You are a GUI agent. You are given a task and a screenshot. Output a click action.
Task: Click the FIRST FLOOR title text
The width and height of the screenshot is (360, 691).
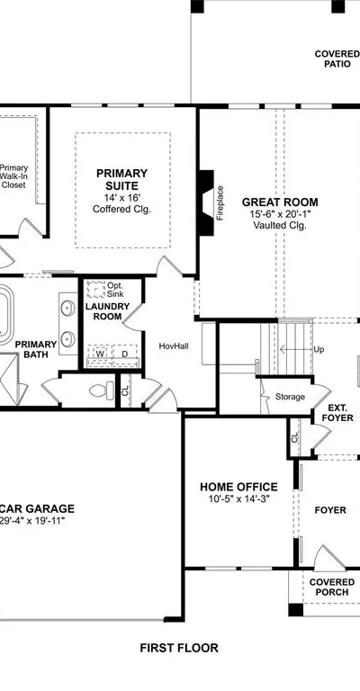(x=179, y=648)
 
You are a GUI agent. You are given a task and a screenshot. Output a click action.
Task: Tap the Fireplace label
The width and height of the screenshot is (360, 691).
(x=220, y=203)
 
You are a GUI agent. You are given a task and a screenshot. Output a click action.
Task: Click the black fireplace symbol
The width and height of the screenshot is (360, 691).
(x=206, y=203)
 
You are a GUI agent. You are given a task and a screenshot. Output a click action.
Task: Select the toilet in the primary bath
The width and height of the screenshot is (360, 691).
(x=102, y=390)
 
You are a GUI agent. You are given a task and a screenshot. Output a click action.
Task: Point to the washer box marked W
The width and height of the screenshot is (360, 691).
(x=100, y=354)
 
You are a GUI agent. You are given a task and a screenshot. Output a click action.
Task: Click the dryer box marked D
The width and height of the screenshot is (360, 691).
(x=125, y=354)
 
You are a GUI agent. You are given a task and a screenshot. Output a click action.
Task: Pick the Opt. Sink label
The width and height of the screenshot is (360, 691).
(x=115, y=290)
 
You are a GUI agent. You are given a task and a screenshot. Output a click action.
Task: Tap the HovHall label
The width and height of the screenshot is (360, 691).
(x=174, y=346)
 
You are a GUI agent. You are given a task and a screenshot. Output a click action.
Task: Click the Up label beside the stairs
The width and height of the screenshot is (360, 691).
(x=319, y=349)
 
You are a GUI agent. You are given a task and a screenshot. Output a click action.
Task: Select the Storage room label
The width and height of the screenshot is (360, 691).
(x=290, y=397)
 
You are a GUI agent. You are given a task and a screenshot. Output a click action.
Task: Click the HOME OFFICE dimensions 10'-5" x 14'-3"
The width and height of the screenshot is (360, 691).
(x=238, y=499)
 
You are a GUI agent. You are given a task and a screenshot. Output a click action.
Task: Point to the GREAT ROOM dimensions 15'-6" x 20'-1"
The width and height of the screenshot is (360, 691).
(x=279, y=214)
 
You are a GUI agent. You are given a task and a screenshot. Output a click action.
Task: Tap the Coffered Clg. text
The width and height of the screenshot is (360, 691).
(x=121, y=210)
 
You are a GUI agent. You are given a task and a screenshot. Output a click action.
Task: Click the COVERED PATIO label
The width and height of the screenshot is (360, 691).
(x=337, y=59)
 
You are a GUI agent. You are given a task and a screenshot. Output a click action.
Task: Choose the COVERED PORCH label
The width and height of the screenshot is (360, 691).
(x=332, y=588)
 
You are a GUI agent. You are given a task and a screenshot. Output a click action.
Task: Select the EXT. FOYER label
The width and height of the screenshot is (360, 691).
(x=338, y=412)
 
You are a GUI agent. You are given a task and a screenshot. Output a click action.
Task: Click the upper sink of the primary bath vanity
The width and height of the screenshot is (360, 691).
(x=67, y=308)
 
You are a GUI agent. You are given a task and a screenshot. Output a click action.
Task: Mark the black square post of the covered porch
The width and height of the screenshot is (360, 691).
(x=296, y=610)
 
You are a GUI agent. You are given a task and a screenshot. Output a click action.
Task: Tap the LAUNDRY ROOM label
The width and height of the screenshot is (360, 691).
(x=107, y=311)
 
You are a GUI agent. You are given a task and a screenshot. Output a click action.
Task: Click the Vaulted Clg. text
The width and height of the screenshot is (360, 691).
(x=279, y=225)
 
